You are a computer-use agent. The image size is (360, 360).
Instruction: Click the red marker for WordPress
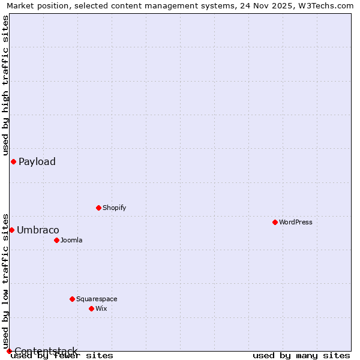click(x=275, y=222)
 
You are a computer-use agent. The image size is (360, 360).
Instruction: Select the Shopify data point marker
click(x=98, y=208)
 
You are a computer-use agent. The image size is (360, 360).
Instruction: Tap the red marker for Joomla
click(x=56, y=240)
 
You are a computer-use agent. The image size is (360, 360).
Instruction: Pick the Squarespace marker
click(x=72, y=299)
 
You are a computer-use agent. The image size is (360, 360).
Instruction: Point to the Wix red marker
click(x=91, y=308)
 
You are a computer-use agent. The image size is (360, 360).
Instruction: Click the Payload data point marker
click(x=13, y=161)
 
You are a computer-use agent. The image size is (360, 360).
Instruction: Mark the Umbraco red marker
click(x=11, y=230)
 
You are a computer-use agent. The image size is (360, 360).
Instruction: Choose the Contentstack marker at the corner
click(x=9, y=351)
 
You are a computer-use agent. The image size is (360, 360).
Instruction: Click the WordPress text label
click(x=296, y=222)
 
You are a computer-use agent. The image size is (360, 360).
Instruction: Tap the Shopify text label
click(x=114, y=208)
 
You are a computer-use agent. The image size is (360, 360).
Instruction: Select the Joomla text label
click(x=71, y=240)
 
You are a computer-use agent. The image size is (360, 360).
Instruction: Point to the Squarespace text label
click(x=97, y=299)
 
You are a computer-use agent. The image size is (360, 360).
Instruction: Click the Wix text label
click(x=101, y=308)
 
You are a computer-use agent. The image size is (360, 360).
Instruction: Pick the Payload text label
click(x=37, y=161)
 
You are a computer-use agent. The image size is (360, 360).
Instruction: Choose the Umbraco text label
click(x=38, y=230)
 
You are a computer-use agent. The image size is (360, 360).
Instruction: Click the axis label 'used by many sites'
click(x=301, y=355)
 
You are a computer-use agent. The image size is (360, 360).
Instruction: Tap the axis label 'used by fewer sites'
click(x=62, y=355)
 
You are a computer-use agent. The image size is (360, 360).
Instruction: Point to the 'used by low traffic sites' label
click(x=5, y=281)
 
